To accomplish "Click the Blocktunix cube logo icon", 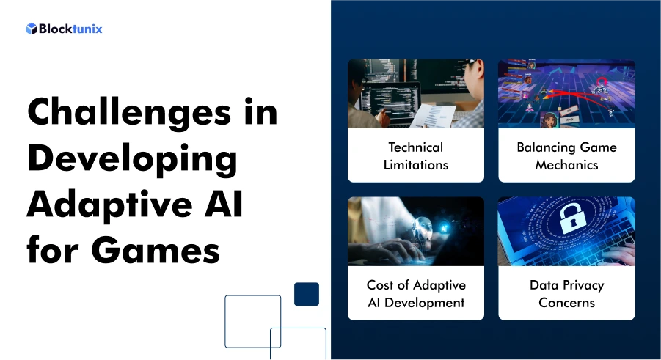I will pyautogui.click(x=31, y=29).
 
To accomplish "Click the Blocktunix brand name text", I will pyautogui.click(x=70, y=29).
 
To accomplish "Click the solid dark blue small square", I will pyautogui.click(x=306, y=294).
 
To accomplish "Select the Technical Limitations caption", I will pyautogui.click(x=415, y=155).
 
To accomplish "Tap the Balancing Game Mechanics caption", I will pyautogui.click(x=566, y=155).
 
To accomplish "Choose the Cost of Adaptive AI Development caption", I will pyautogui.click(x=415, y=293).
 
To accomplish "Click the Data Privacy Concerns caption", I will pyautogui.click(x=566, y=293).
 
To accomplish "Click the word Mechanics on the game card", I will pyautogui.click(x=566, y=164).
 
